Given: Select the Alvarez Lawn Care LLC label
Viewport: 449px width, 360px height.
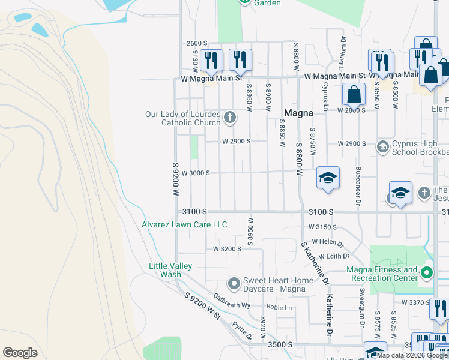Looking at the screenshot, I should (184, 224).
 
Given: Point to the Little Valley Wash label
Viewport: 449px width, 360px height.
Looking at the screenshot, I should (170, 270).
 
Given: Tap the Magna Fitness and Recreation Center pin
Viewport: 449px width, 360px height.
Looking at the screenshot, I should (427, 274).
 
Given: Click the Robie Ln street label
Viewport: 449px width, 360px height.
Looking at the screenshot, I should (279, 308).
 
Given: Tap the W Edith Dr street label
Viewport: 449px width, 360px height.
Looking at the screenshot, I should (337, 256).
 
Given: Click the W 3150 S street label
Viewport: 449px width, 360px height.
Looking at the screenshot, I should (324, 227).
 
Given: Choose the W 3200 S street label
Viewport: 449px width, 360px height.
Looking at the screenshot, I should (227, 248).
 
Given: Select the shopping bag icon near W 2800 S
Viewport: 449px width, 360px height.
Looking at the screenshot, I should (354, 94).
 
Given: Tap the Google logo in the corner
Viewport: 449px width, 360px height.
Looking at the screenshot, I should (20, 352).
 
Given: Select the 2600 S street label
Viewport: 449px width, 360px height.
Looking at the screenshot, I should (196, 43).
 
